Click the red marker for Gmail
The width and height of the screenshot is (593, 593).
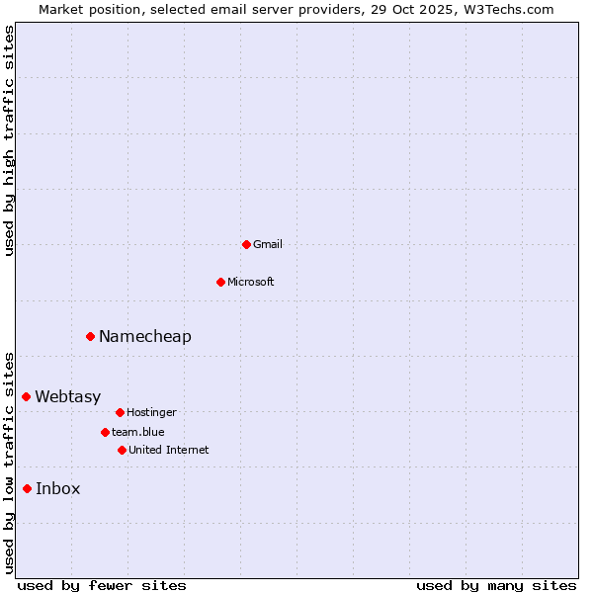click(x=246, y=244)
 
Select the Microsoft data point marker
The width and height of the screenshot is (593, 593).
click(x=220, y=282)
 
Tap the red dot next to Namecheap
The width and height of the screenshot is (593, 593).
click(x=90, y=337)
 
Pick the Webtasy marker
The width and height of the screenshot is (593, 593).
click(x=27, y=396)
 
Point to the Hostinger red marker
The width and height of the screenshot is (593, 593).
click(x=120, y=412)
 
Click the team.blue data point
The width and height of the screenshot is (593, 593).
click(x=105, y=432)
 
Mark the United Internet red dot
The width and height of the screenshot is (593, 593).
click(x=122, y=450)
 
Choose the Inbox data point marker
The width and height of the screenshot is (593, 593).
click(x=27, y=488)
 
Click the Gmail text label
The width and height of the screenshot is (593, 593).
click(x=268, y=244)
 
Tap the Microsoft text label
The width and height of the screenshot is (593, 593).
click(x=251, y=282)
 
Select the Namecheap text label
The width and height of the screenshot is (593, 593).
click(x=145, y=337)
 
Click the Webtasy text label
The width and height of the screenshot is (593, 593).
click(x=68, y=397)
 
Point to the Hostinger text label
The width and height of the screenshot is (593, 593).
click(x=151, y=412)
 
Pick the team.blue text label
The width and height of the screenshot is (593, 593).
click(x=138, y=432)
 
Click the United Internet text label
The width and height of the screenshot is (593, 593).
click(x=169, y=450)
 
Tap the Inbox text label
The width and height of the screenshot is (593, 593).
click(x=58, y=489)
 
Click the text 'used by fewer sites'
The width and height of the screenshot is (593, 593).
click(x=102, y=585)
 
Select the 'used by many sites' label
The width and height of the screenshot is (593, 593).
click(x=496, y=585)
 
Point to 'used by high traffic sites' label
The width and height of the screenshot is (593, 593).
click(x=9, y=141)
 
